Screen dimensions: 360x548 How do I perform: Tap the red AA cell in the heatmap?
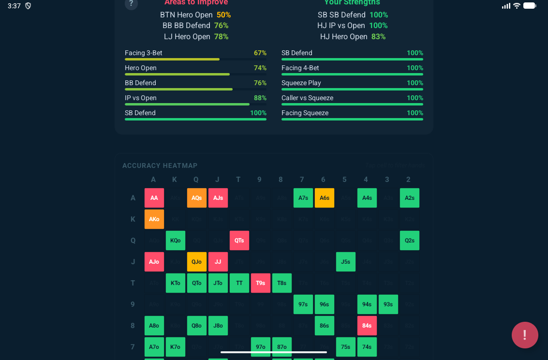click(x=154, y=198)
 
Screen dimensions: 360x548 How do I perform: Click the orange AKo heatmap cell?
click(x=154, y=219)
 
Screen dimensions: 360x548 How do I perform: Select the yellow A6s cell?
click(x=324, y=198)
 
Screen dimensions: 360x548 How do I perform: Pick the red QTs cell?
click(x=239, y=240)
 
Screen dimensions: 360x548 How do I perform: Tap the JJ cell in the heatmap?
click(x=218, y=262)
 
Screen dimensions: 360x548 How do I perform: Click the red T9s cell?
click(x=260, y=283)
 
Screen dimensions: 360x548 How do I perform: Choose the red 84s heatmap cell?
click(x=367, y=326)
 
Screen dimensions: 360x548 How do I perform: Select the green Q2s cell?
click(x=409, y=240)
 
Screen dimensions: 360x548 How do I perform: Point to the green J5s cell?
click(x=345, y=262)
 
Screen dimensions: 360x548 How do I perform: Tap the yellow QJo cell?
click(x=196, y=262)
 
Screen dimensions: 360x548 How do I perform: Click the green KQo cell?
click(x=175, y=240)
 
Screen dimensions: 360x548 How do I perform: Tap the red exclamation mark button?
click(x=525, y=335)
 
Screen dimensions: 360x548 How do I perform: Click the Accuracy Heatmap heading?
click(x=160, y=165)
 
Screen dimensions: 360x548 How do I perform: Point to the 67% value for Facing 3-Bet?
click(x=260, y=53)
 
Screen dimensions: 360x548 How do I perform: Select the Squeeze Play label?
click(x=301, y=83)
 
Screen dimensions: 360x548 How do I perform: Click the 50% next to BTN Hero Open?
click(x=223, y=15)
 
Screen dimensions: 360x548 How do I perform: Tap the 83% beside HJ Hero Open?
click(x=378, y=36)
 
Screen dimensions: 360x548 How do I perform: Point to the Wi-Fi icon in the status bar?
click(x=517, y=6)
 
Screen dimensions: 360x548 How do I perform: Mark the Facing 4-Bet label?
click(x=300, y=68)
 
